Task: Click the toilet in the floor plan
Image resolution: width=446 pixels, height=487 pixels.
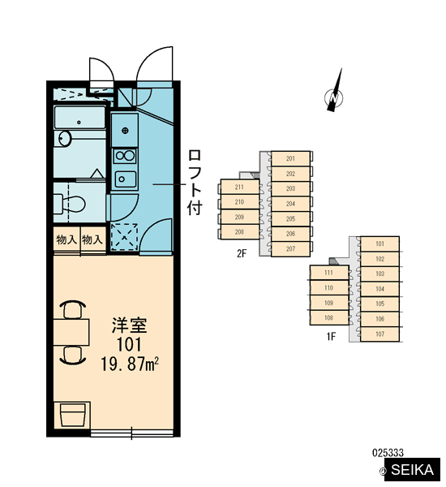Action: [x=70, y=204]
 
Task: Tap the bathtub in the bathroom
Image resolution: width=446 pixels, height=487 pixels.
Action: [x=79, y=118]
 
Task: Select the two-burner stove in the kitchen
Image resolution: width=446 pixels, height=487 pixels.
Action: [x=124, y=156]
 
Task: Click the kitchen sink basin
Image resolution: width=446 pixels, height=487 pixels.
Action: [x=125, y=179]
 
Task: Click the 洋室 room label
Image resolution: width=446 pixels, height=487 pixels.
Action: [x=130, y=325]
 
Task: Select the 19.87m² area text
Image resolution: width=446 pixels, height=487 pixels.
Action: [x=130, y=364]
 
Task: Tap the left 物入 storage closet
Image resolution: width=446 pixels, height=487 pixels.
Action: [x=66, y=239]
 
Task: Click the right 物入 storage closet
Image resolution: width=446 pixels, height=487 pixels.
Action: [x=93, y=239]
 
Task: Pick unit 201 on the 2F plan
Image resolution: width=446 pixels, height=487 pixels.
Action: [x=290, y=158]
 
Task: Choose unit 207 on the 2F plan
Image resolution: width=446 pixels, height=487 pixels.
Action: [x=290, y=249]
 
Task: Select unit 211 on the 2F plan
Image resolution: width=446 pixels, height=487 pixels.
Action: [x=239, y=187]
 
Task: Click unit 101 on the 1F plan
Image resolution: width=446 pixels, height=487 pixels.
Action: [x=380, y=243]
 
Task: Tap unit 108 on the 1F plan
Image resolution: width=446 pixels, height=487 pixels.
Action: [x=328, y=317]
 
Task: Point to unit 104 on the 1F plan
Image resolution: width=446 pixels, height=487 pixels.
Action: [x=380, y=289]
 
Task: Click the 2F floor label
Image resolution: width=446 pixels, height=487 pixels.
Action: [x=242, y=253]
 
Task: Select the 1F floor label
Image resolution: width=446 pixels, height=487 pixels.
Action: [x=331, y=336]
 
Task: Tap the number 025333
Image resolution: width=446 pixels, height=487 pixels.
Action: [x=388, y=453]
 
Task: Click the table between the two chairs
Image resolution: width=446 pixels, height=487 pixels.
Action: [x=71, y=332]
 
